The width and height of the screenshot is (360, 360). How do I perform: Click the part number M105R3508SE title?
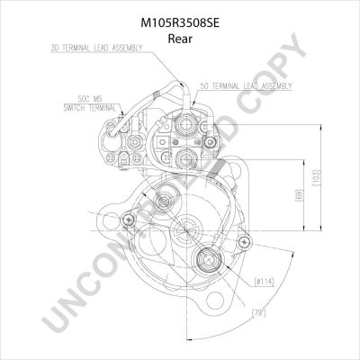[180, 23]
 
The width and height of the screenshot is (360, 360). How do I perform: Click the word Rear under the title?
[180, 39]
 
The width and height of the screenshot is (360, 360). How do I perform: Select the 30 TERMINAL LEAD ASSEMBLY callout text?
[96, 48]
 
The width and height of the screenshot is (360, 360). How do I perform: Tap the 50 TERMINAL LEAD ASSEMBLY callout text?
[246, 86]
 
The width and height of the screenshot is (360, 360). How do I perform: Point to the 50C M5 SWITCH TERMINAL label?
[90, 103]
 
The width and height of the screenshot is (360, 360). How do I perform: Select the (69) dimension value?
[300, 195]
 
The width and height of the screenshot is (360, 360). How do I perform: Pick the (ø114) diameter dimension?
[265, 282]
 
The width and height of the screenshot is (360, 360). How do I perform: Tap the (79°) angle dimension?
[258, 313]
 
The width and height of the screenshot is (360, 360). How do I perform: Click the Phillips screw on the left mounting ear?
[129, 220]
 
